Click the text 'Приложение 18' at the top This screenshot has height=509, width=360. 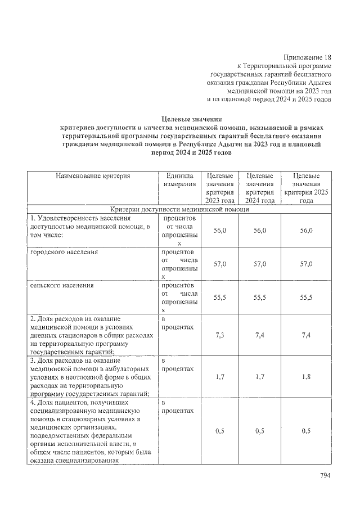[307, 57]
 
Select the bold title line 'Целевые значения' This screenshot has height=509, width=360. [192, 119]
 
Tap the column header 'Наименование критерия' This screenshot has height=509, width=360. [93, 176]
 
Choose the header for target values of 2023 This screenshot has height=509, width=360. [220, 188]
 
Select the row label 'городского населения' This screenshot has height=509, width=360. [64, 252]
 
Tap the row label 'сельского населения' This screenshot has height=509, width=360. [62, 286]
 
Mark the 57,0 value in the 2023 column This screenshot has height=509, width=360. [220, 264]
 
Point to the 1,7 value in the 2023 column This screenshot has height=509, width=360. [220, 377]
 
